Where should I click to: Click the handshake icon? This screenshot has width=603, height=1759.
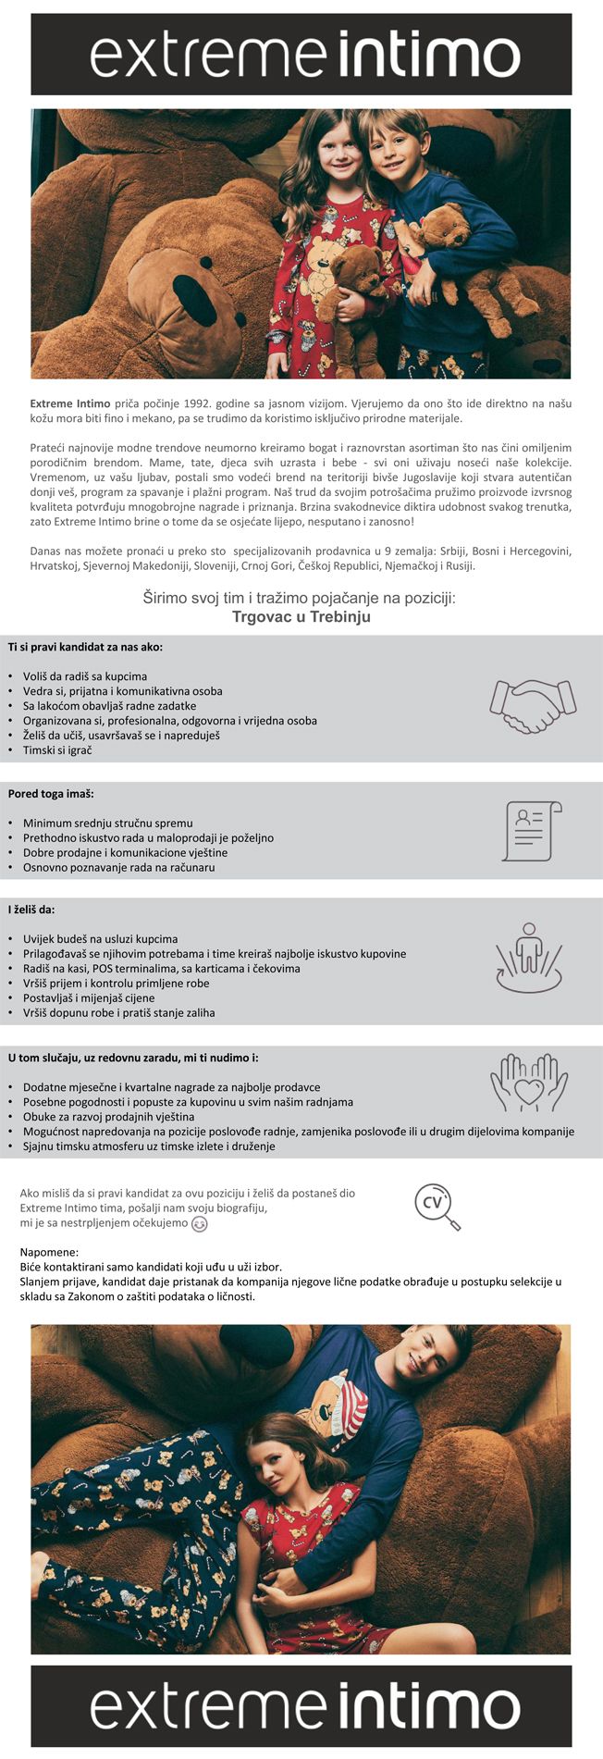point(532,706)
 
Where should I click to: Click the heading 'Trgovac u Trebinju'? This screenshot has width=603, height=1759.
point(301,617)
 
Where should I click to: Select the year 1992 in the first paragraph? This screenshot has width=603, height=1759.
point(185,403)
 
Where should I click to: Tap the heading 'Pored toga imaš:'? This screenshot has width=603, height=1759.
point(51,794)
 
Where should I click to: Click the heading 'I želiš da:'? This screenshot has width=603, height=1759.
point(31,910)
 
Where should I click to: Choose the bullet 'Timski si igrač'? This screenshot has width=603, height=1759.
point(57,750)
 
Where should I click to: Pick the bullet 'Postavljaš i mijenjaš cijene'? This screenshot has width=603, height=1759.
point(89,998)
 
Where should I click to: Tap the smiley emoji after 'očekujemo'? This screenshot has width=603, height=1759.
point(199,1224)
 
